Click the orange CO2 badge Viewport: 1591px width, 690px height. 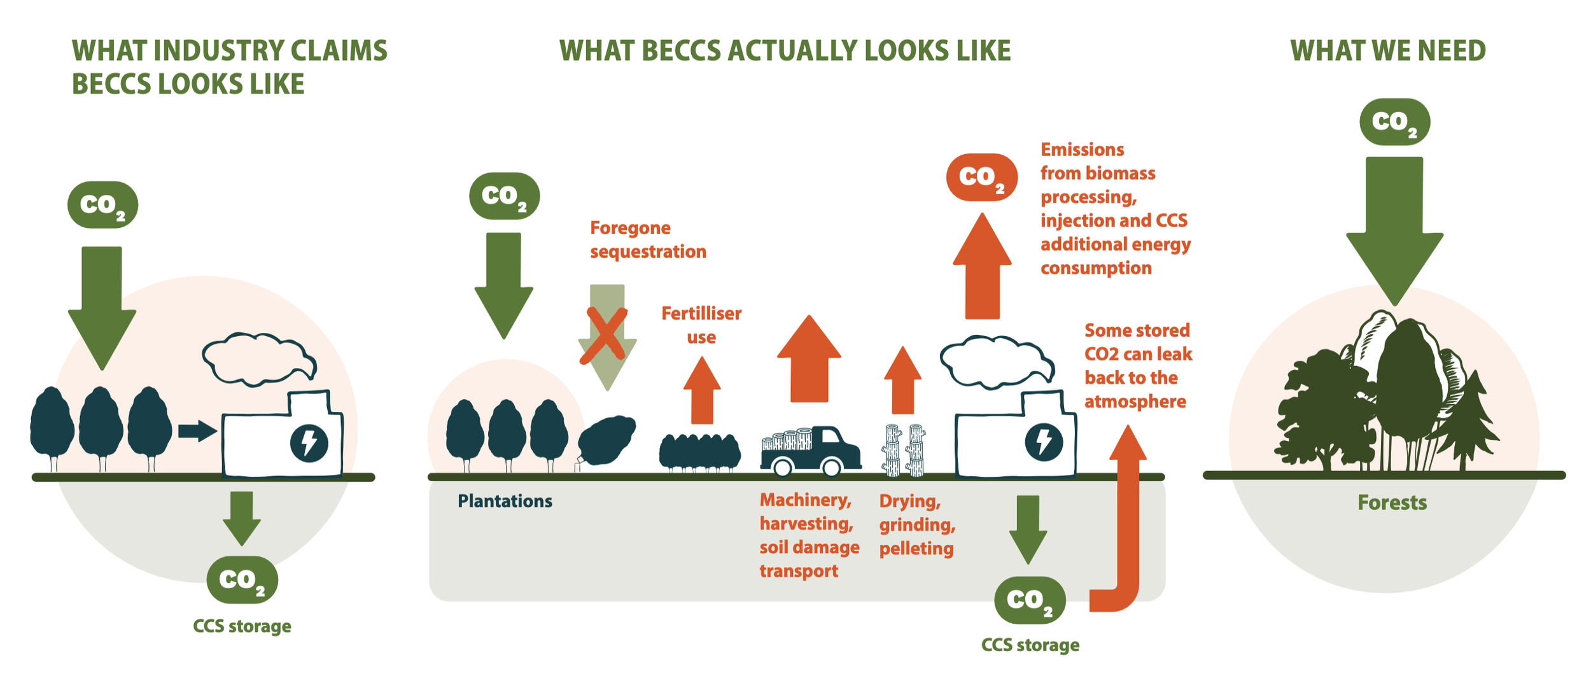coord(981,178)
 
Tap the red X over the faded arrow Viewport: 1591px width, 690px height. coord(603,336)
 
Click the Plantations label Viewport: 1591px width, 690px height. coord(505,502)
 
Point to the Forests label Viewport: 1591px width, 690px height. coord(1392,503)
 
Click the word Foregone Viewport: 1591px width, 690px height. coord(630,228)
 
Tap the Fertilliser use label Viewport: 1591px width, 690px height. coord(701,325)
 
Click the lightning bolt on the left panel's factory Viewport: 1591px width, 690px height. coord(309,443)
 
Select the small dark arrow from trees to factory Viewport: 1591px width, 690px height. coord(197,431)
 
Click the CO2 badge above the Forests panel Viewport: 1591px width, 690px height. coord(1394,122)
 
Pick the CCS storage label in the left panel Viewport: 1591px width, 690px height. coord(242,626)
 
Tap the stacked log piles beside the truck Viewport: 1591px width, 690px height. coord(904,451)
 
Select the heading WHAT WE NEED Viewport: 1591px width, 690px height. coord(1387,51)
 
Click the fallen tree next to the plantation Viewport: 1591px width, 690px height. coord(606,440)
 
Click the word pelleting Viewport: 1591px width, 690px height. coord(916,549)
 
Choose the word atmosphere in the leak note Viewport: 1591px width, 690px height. coord(1135,402)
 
